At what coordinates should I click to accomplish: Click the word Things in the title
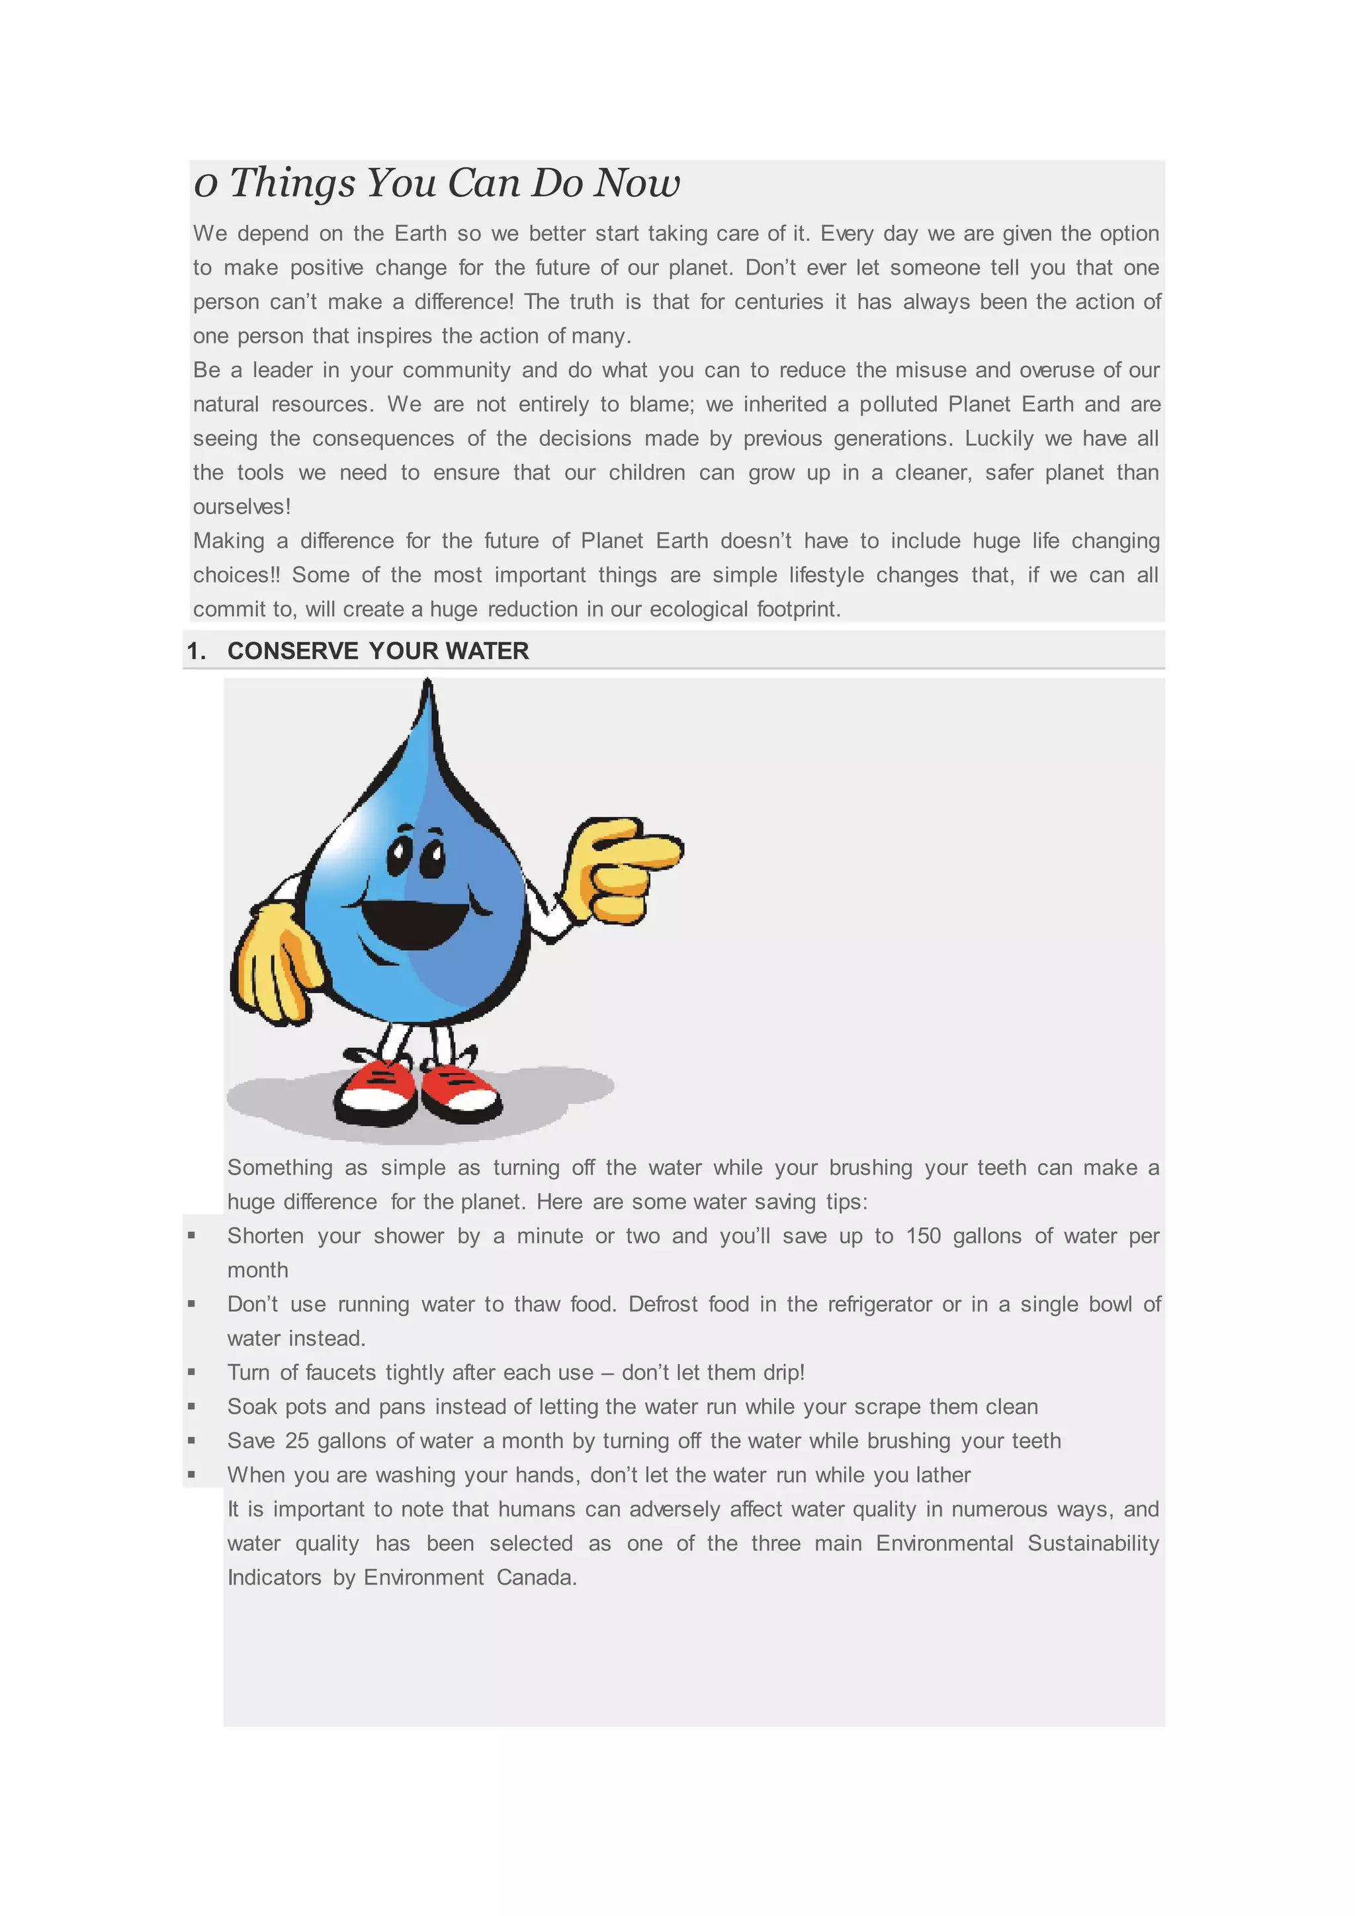tap(292, 183)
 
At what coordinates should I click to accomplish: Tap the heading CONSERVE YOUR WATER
tap(378, 651)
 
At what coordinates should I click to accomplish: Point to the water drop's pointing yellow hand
tap(622, 869)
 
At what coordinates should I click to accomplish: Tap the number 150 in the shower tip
tap(923, 1236)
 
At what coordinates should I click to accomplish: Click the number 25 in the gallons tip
tap(297, 1441)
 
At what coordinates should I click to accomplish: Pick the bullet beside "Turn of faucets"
tap(192, 1372)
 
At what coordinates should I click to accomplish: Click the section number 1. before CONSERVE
tap(196, 651)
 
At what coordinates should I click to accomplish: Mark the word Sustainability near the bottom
tap(1093, 1544)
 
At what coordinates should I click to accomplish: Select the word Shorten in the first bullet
tap(266, 1236)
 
